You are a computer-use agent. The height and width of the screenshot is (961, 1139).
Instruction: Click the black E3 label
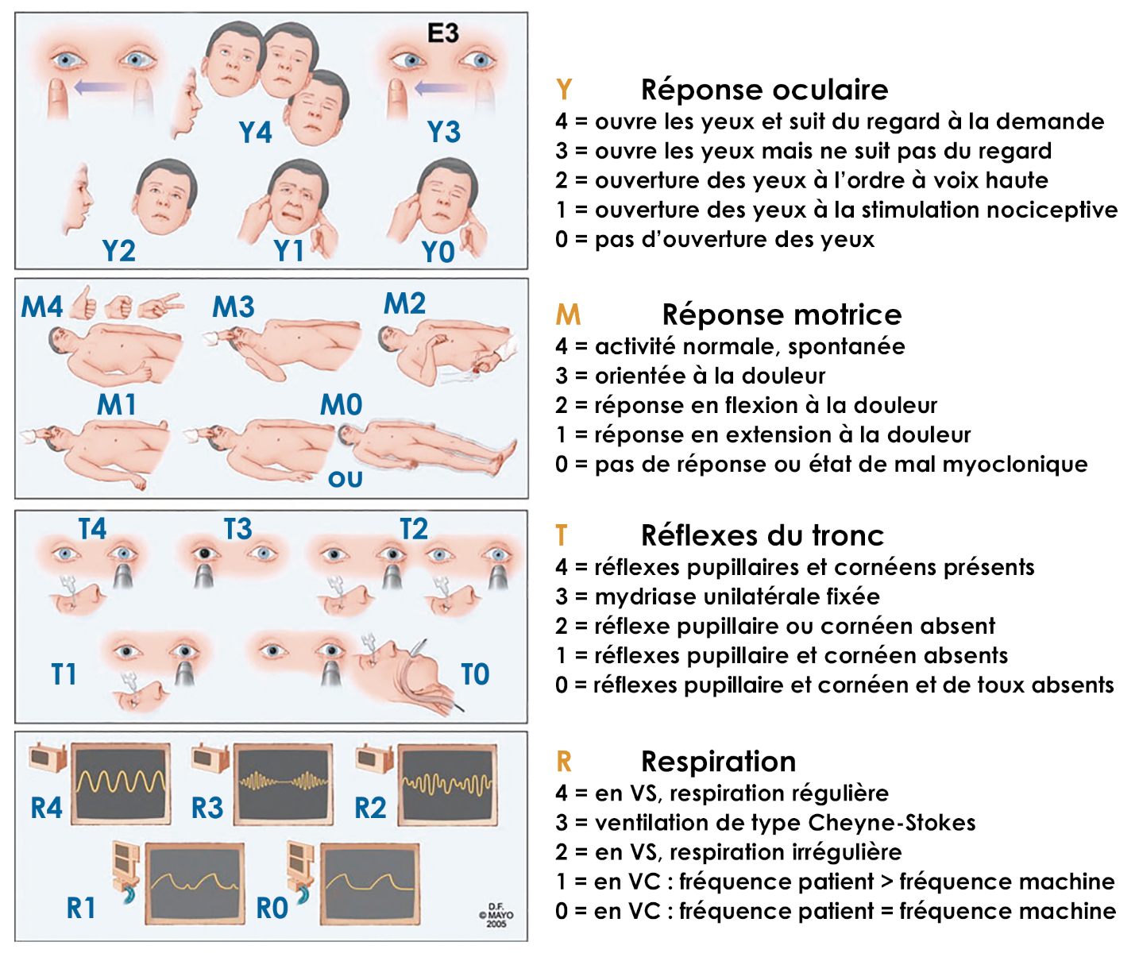[443, 33]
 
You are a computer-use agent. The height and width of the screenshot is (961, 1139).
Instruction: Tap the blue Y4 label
[255, 133]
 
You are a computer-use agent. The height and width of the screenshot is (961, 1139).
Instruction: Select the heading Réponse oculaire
[764, 90]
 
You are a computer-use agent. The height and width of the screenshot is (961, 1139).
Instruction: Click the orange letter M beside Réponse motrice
[568, 315]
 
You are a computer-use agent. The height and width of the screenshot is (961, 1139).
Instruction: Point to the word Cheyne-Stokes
[891, 823]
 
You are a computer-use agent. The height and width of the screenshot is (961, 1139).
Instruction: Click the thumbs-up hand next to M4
[83, 303]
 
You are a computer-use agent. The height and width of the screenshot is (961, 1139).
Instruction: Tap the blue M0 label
[341, 405]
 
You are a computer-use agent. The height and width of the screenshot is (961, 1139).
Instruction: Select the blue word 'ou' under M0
[346, 480]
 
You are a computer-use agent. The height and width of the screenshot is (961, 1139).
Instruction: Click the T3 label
[237, 529]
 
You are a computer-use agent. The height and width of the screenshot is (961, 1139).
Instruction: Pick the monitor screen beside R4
[121, 783]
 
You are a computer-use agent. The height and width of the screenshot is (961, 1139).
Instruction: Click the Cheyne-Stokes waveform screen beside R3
[283, 783]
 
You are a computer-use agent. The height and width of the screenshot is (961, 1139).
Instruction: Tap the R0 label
[272, 909]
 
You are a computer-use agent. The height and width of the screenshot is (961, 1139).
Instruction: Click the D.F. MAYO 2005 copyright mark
[496, 915]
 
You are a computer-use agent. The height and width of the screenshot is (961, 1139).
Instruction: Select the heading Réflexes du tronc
[762, 535]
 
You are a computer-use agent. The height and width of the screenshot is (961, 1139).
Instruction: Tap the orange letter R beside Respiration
[563, 762]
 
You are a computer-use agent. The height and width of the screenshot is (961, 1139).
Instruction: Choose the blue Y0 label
[438, 253]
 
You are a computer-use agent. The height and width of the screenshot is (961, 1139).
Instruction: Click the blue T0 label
[475, 674]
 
